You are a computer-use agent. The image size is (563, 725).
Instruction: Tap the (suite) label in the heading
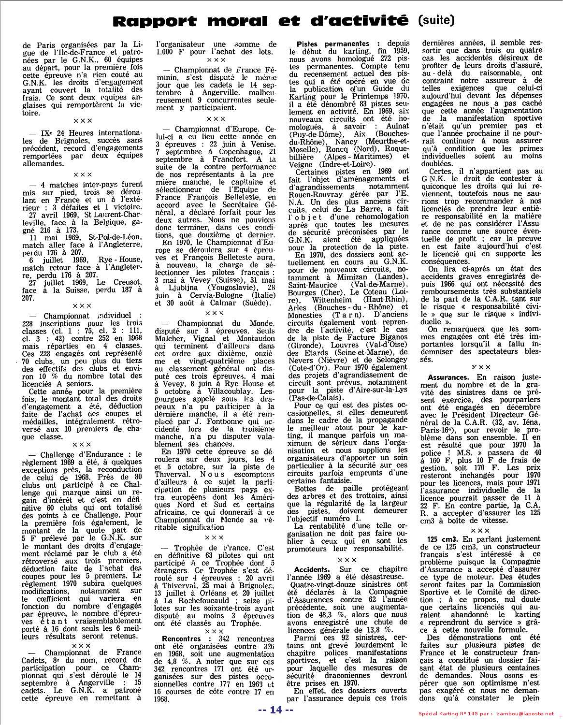coord(435,20)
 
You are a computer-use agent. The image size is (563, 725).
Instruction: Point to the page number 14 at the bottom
coord(275,710)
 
